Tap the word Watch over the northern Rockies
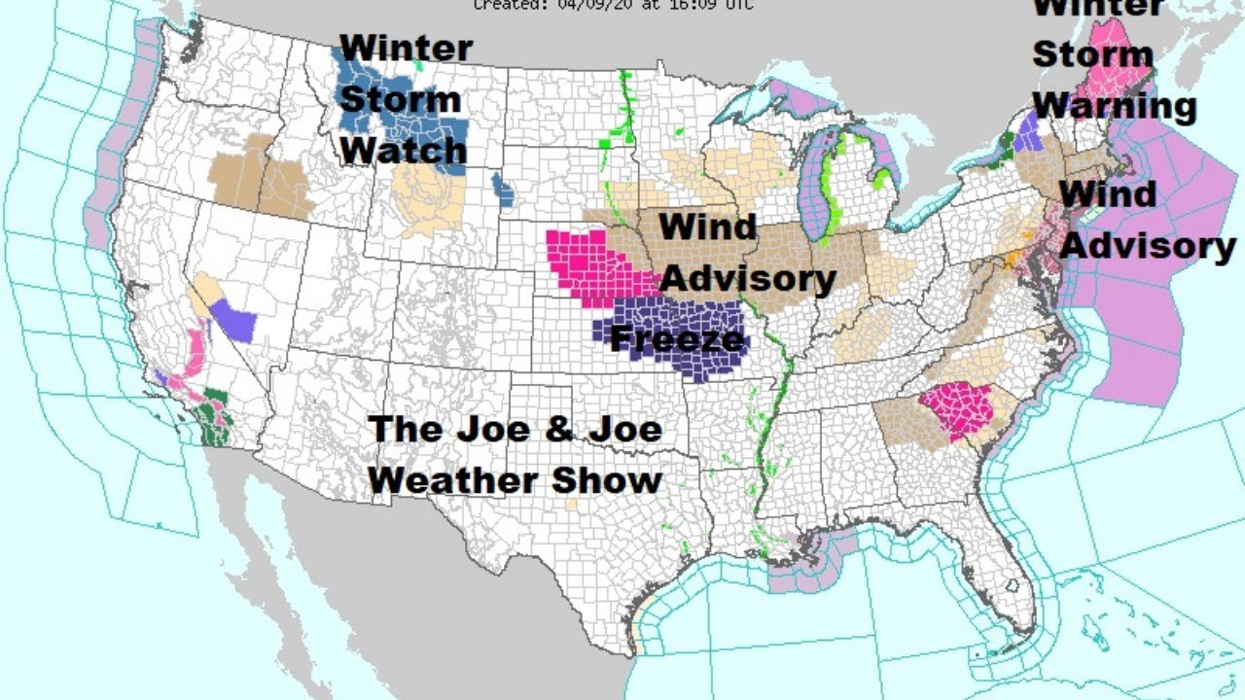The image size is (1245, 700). tap(403, 150)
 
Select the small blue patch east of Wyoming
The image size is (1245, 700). tap(503, 189)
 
